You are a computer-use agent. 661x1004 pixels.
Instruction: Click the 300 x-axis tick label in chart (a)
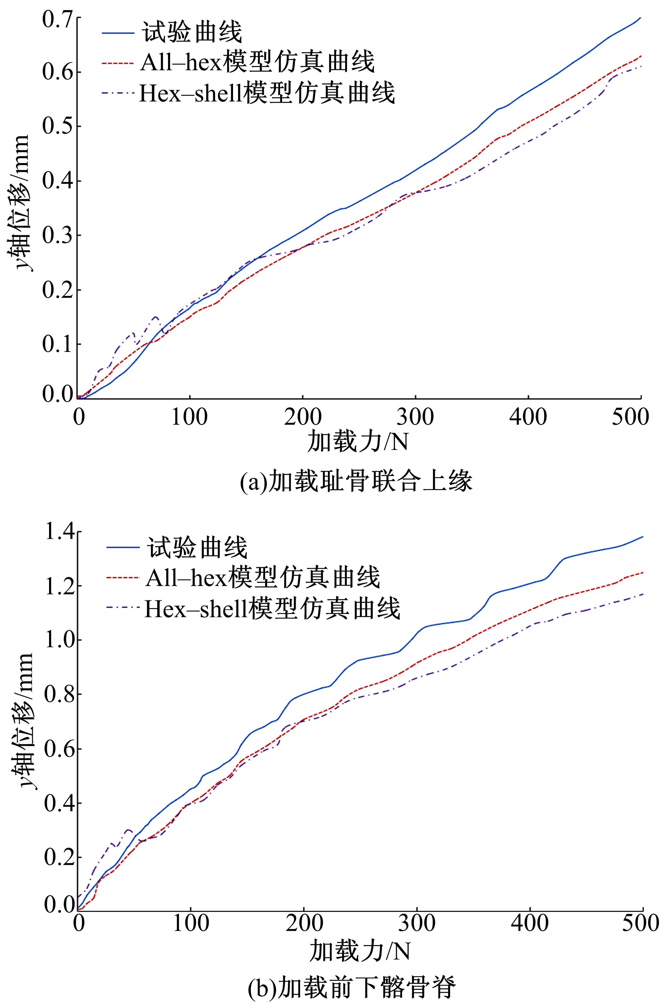pyautogui.click(x=415, y=417)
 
